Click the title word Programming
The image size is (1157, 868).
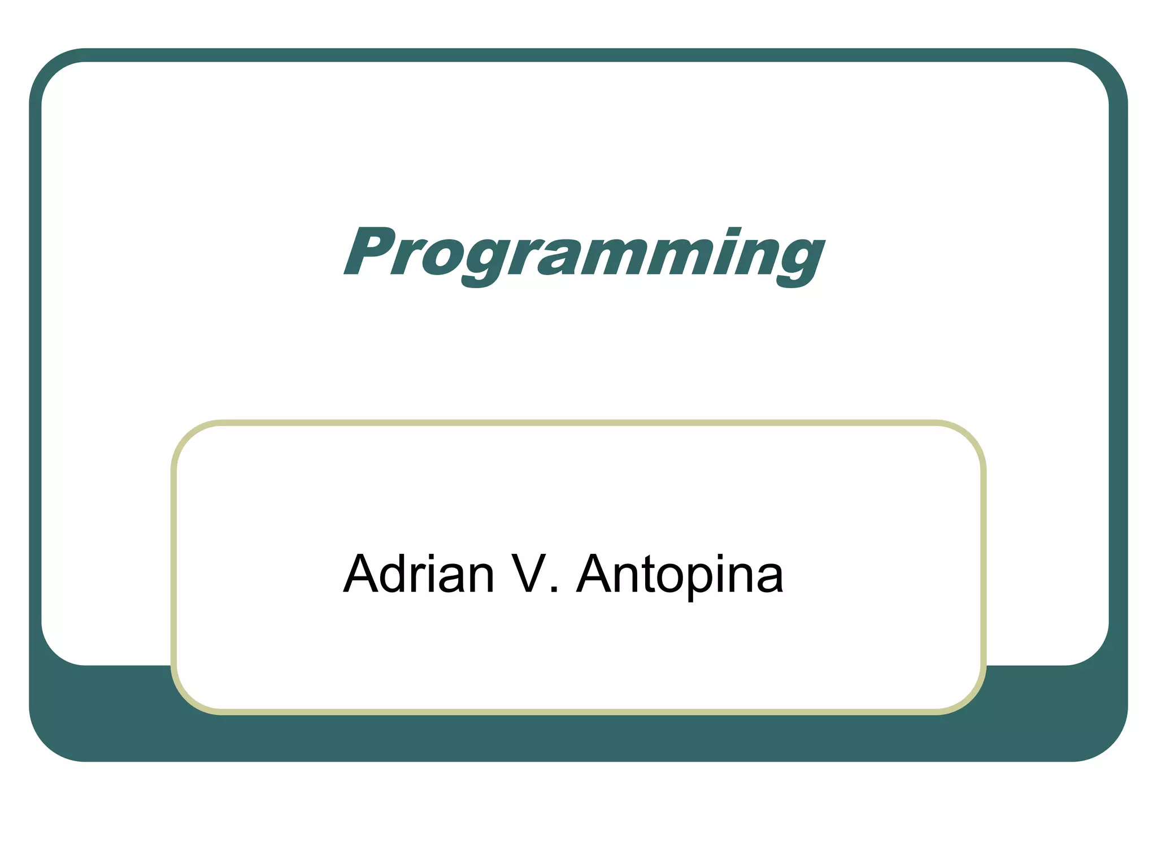584,253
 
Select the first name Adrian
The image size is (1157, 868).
419,575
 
